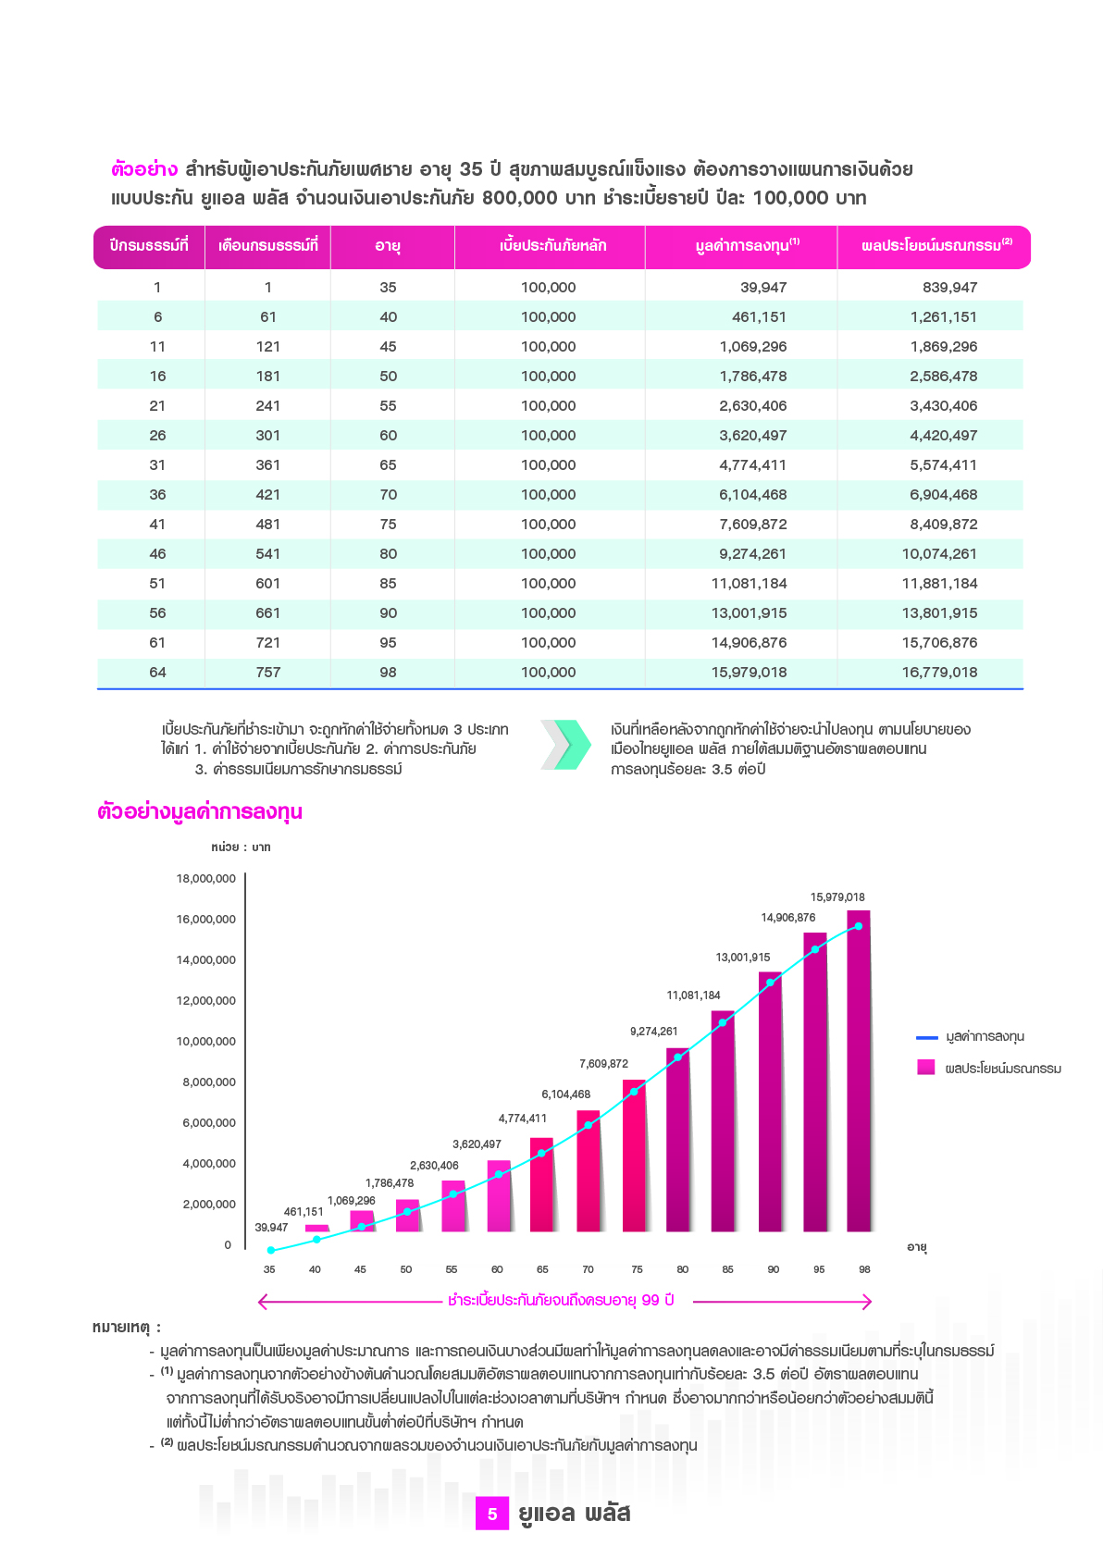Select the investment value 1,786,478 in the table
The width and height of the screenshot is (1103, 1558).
pos(752,377)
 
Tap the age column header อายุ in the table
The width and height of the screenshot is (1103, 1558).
pos(388,246)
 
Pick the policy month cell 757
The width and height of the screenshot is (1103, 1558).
pos(267,673)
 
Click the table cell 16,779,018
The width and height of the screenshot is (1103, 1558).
pos(939,673)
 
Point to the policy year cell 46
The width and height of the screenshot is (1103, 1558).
pos(157,554)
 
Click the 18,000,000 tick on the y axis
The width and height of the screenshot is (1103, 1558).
pos(206,879)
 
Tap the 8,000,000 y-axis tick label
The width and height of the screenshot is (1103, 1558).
pos(209,1082)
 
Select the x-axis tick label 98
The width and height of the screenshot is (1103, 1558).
pos(864,1269)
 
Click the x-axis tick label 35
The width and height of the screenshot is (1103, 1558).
pos(269,1269)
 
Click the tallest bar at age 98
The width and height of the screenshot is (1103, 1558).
pos(859,1073)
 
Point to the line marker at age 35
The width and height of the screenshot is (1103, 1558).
pos(271,1251)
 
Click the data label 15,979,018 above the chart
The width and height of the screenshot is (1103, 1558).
pos(837,897)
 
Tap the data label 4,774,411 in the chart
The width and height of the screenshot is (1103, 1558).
pos(523,1119)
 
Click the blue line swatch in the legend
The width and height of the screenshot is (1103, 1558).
pos(926,1037)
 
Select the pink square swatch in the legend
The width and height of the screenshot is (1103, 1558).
pos(926,1068)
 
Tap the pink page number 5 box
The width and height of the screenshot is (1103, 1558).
pos(492,1514)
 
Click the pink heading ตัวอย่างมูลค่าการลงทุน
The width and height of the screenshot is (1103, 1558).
pos(200,812)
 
